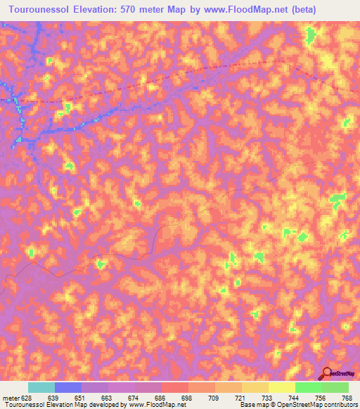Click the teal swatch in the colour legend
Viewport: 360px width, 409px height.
point(41,388)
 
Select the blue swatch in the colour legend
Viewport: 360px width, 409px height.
point(68,388)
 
